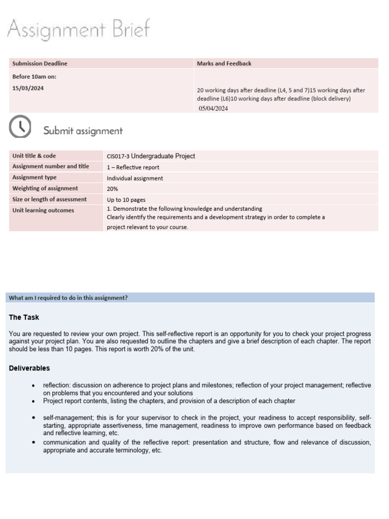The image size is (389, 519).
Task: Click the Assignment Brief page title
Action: tap(79, 30)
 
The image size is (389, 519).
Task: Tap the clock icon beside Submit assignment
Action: tap(20, 127)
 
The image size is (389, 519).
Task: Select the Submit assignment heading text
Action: tap(83, 131)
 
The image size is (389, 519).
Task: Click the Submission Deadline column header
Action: tap(40, 63)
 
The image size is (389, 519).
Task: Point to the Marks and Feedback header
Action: tap(224, 63)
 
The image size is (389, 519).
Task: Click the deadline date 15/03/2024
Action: tap(28, 88)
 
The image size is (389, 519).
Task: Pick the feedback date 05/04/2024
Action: tap(213, 108)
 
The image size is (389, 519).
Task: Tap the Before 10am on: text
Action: tap(34, 77)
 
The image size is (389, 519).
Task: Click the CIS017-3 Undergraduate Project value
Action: tap(150, 156)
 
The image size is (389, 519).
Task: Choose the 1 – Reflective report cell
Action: tap(133, 167)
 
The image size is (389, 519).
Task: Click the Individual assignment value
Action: tap(135, 178)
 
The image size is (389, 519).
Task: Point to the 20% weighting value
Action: tap(112, 189)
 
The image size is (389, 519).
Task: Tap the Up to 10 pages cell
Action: tap(126, 200)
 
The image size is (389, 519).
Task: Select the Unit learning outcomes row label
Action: tap(43, 210)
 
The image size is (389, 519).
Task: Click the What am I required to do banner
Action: tap(68, 298)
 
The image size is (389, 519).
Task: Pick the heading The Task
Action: tap(24, 317)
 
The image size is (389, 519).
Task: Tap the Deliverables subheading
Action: tap(29, 368)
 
